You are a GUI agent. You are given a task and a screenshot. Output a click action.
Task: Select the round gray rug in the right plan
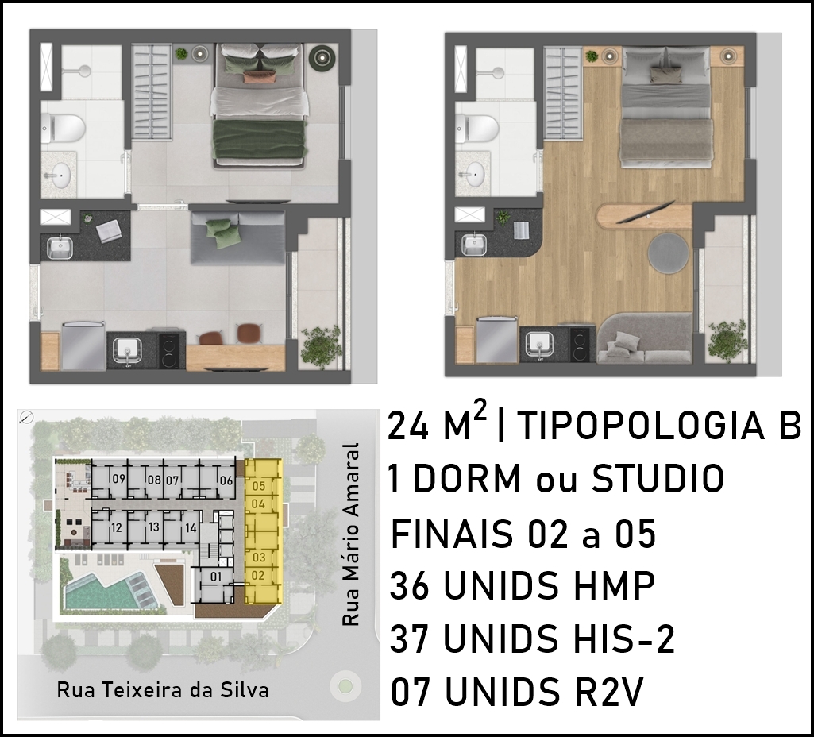(x=669, y=253)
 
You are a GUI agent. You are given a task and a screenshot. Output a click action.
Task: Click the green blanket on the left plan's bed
(x=259, y=141)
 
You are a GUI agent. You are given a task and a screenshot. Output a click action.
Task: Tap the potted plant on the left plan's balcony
(x=321, y=346)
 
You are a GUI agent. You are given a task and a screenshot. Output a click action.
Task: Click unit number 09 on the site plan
(x=119, y=479)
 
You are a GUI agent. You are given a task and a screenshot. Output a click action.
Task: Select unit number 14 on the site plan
(x=191, y=528)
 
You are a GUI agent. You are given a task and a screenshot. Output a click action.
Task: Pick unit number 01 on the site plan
(x=216, y=577)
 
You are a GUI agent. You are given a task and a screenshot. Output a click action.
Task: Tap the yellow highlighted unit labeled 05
(x=259, y=486)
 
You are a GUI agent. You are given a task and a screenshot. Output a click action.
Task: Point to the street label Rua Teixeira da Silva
(x=163, y=690)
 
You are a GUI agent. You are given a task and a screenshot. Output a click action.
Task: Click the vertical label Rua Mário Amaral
(x=350, y=534)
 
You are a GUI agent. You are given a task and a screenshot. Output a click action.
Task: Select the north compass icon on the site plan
(x=26, y=417)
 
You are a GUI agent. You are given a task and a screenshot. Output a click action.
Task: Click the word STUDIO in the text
(x=658, y=479)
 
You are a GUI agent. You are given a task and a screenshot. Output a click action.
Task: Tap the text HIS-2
(x=623, y=639)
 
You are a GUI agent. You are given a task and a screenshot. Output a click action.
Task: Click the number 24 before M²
(x=408, y=426)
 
